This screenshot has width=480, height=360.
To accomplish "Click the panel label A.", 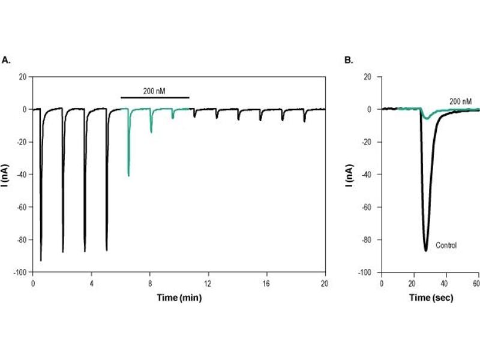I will [x=7, y=60].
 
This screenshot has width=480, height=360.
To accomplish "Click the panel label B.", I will [x=348, y=60].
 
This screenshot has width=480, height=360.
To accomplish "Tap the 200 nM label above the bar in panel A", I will [x=154, y=91].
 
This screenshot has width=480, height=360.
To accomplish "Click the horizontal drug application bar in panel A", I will [x=155, y=98].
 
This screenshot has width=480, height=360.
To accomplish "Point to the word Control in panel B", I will [x=446, y=245].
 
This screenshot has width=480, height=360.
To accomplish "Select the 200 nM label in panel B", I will [x=460, y=101].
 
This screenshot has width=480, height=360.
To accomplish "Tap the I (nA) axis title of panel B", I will [x=350, y=175].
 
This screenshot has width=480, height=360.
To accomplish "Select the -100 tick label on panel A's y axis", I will [x=21, y=272].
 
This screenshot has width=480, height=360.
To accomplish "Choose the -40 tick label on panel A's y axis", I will [x=22, y=175].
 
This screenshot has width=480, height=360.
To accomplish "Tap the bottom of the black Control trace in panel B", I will [x=425, y=249].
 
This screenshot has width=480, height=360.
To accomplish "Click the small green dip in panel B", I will [x=427, y=118].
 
